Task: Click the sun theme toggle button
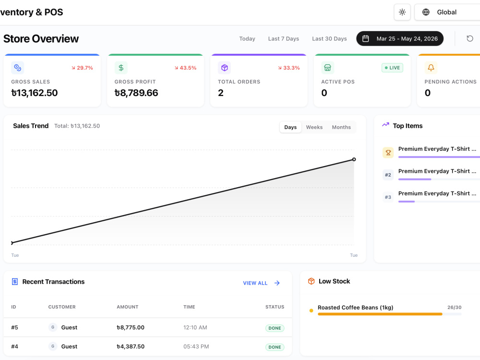402,12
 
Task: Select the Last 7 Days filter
284,39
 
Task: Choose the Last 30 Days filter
329,39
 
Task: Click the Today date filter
247,39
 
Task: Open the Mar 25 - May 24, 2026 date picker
400,38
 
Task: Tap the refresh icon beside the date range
469,38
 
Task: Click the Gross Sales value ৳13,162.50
35,93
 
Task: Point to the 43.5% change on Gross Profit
185,68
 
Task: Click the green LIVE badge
392,68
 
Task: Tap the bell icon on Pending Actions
431,68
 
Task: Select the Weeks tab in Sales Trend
314,127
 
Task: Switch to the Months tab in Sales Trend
341,127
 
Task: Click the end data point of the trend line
354,159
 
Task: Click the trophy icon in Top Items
388,153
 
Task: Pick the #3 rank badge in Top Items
388,197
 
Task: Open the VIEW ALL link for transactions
262,283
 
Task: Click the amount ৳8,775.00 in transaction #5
131,327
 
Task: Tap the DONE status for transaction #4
275,347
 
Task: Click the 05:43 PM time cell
196,347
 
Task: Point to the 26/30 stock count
454,307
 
